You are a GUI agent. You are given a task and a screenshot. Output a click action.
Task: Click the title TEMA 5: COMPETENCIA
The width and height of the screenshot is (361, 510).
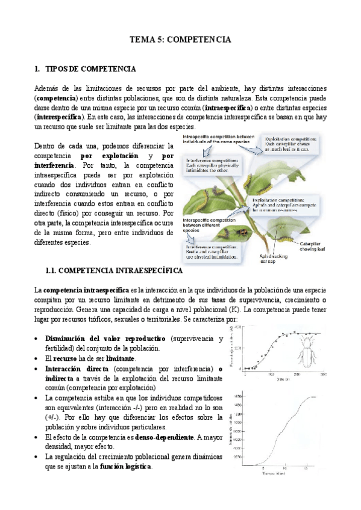point(181,40)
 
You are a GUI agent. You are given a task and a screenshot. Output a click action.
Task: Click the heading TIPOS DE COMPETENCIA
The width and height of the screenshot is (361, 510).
point(90,69)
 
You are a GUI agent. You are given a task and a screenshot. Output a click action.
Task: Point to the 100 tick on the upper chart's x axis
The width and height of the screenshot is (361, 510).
point(270,375)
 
